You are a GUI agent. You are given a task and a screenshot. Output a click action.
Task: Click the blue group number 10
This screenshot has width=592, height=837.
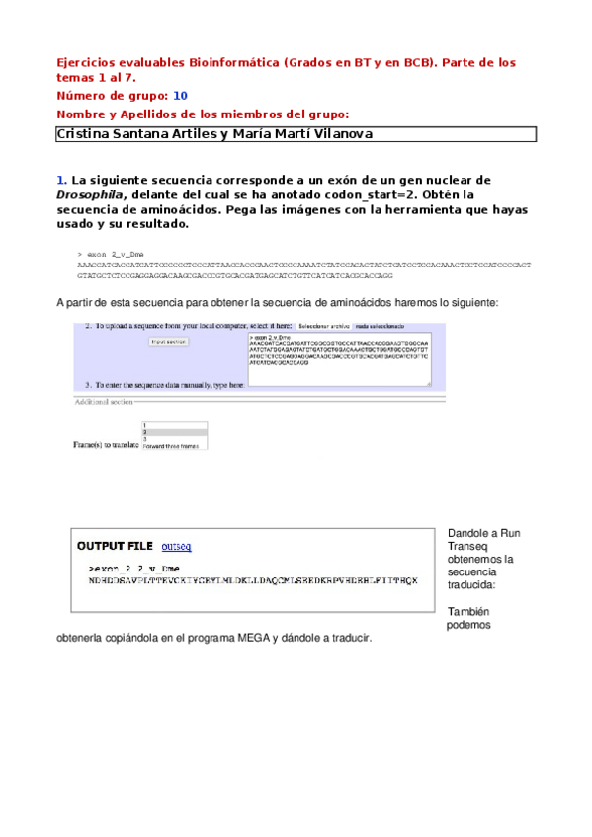click(x=180, y=96)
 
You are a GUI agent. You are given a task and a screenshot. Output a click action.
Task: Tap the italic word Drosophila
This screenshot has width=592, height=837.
click(x=90, y=195)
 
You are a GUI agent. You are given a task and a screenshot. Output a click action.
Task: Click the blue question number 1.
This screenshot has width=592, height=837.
click(x=61, y=181)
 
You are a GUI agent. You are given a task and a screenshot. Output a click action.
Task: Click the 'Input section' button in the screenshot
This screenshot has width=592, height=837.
click(x=169, y=342)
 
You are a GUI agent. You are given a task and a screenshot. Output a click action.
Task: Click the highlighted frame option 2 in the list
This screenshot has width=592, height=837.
click(x=175, y=432)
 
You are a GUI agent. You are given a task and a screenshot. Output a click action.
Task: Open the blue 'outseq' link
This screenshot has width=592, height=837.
click(x=176, y=546)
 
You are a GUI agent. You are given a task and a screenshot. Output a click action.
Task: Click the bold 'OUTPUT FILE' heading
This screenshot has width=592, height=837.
click(x=115, y=546)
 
